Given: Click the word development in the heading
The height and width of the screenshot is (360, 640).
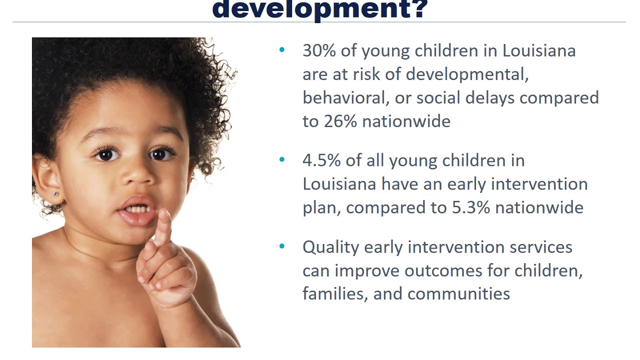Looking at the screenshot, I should point(311,8).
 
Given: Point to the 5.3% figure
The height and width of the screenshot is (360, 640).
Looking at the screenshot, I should point(470,207).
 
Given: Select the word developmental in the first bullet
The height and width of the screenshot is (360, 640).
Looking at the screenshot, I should point(467,74).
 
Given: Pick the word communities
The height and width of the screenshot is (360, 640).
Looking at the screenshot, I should point(458,293).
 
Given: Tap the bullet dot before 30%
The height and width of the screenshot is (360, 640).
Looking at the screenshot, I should point(282,50).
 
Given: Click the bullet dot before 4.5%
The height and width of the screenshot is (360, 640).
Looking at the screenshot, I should point(282,160).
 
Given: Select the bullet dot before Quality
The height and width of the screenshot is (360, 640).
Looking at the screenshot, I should point(282,246).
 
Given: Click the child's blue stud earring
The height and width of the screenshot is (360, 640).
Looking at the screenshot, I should point(56,193).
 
